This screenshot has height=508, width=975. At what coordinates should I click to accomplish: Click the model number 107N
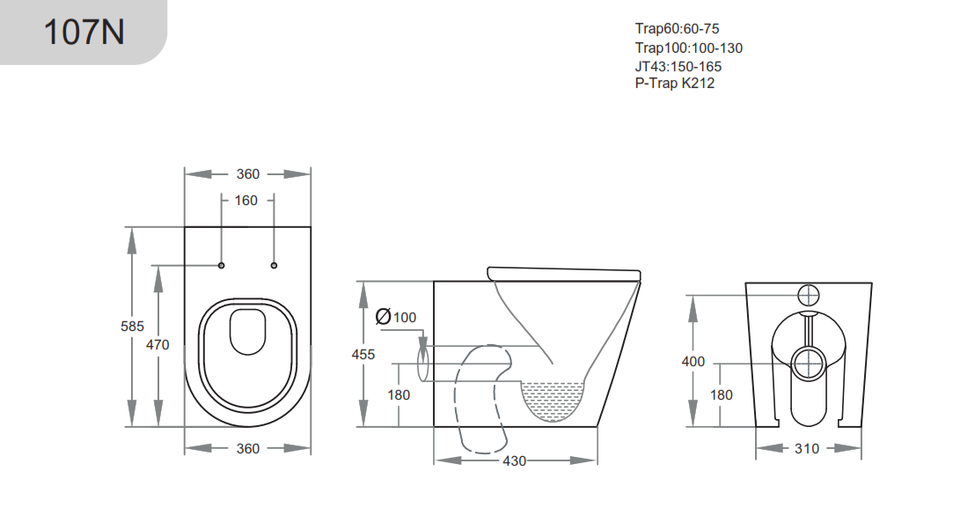(84, 32)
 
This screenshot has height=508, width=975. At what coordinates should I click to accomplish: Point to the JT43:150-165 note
(678, 66)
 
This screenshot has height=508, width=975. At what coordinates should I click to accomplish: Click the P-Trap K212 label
(675, 84)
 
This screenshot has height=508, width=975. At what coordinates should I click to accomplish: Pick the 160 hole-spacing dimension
(246, 201)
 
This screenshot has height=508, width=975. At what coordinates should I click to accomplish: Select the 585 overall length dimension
(132, 326)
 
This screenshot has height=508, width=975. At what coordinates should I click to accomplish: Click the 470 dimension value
(158, 344)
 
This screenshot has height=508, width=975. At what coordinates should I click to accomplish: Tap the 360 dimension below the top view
(248, 448)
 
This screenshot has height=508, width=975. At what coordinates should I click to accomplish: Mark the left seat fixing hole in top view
(221, 265)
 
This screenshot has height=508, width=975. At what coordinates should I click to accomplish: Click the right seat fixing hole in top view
(274, 265)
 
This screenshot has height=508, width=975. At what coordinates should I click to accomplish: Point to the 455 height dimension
(363, 354)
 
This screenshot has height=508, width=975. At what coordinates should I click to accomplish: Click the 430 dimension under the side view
(515, 460)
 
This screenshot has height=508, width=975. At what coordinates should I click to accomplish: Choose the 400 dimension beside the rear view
(693, 361)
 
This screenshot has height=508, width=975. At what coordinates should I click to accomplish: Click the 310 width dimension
(806, 448)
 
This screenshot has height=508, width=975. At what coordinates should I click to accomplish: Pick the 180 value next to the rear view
(721, 395)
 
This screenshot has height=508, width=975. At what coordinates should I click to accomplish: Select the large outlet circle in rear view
(807, 361)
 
